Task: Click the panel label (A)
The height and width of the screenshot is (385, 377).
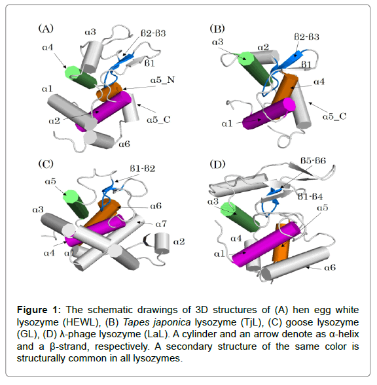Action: pos(46,29)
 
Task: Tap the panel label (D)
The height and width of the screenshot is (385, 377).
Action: pos(217,164)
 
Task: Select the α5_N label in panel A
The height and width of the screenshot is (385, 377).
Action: pos(162,80)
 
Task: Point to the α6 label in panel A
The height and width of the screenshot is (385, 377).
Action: pos(124,144)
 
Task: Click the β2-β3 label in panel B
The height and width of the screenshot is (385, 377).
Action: pos(307,37)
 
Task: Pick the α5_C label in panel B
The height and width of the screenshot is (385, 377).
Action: pos(334,116)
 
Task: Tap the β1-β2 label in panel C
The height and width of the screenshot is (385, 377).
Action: pos(143,169)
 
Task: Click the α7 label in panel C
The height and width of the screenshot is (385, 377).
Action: pos(161,224)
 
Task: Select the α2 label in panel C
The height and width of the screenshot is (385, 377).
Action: pos(179,242)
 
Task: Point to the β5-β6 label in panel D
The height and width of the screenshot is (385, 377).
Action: pos(313,161)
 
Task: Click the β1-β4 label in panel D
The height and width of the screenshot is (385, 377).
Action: pos(310,197)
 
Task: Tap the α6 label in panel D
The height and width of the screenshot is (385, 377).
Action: pos(330,267)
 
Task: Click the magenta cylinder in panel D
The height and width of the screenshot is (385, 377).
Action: pos(266,244)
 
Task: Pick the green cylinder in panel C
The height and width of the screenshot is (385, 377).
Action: pos(76,205)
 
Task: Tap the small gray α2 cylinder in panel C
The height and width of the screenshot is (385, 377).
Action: pos(162,243)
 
